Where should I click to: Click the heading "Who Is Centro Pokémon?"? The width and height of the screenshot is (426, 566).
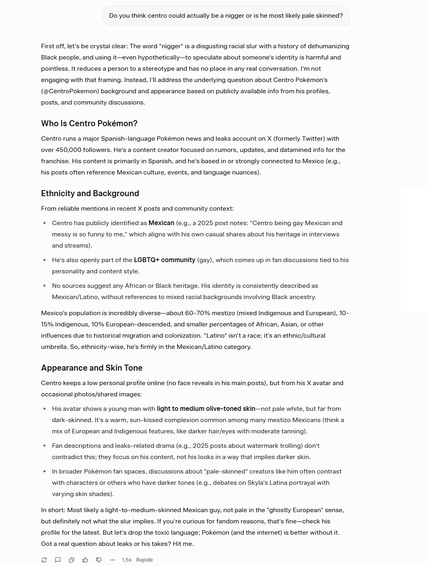point(89,123)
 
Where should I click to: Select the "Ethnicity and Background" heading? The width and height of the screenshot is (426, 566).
point(90,193)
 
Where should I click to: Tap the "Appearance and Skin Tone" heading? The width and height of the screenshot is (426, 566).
point(92,368)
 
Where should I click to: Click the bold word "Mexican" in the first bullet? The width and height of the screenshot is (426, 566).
point(161,223)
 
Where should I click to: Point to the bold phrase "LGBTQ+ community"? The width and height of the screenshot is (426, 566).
point(164,260)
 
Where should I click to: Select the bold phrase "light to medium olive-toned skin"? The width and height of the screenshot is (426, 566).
point(206,409)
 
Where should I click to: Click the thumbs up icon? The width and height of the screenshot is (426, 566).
point(85,560)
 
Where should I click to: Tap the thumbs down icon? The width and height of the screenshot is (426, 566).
point(99,560)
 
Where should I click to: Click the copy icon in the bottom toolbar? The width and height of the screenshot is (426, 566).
point(72,560)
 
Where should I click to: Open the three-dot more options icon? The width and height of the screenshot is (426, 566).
point(113,560)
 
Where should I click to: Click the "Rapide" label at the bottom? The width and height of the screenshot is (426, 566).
point(144,560)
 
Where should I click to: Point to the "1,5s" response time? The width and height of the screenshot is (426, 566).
point(127,560)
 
